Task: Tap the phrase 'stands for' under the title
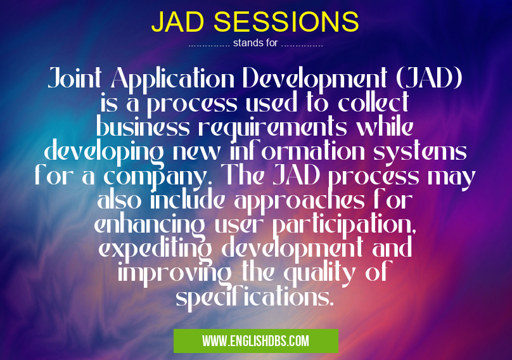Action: [255, 44]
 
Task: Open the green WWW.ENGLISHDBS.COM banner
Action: [255, 341]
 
